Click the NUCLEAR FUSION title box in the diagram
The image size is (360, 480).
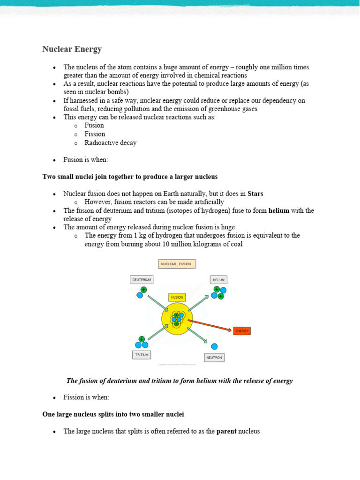click(176, 264)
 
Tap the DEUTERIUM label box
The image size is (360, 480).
click(142, 280)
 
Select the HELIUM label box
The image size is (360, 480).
click(219, 280)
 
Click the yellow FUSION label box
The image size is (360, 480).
click(177, 297)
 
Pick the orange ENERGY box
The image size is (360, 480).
click(242, 331)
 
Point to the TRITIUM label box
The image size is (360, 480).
click(142, 355)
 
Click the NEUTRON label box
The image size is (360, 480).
click(214, 358)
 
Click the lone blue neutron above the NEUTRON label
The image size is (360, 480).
click(214, 346)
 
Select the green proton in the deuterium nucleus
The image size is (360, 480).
click(144, 290)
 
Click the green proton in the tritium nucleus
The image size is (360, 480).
click(142, 339)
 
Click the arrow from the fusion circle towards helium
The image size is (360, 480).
click(199, 303)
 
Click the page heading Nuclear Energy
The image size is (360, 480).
click(72, 49)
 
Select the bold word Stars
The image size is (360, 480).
click(255, 194)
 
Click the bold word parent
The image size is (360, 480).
click(226, 431)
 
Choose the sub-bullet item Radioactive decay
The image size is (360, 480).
click(111, 142)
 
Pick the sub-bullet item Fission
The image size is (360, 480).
click(95, 134)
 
